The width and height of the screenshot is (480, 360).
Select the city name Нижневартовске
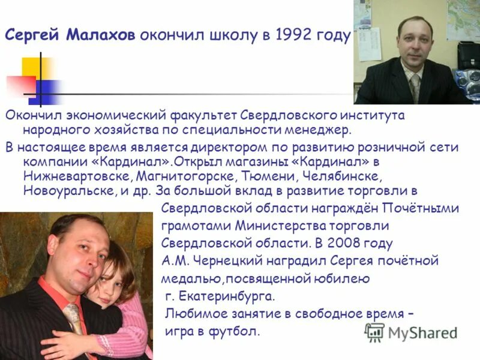point(77,176)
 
